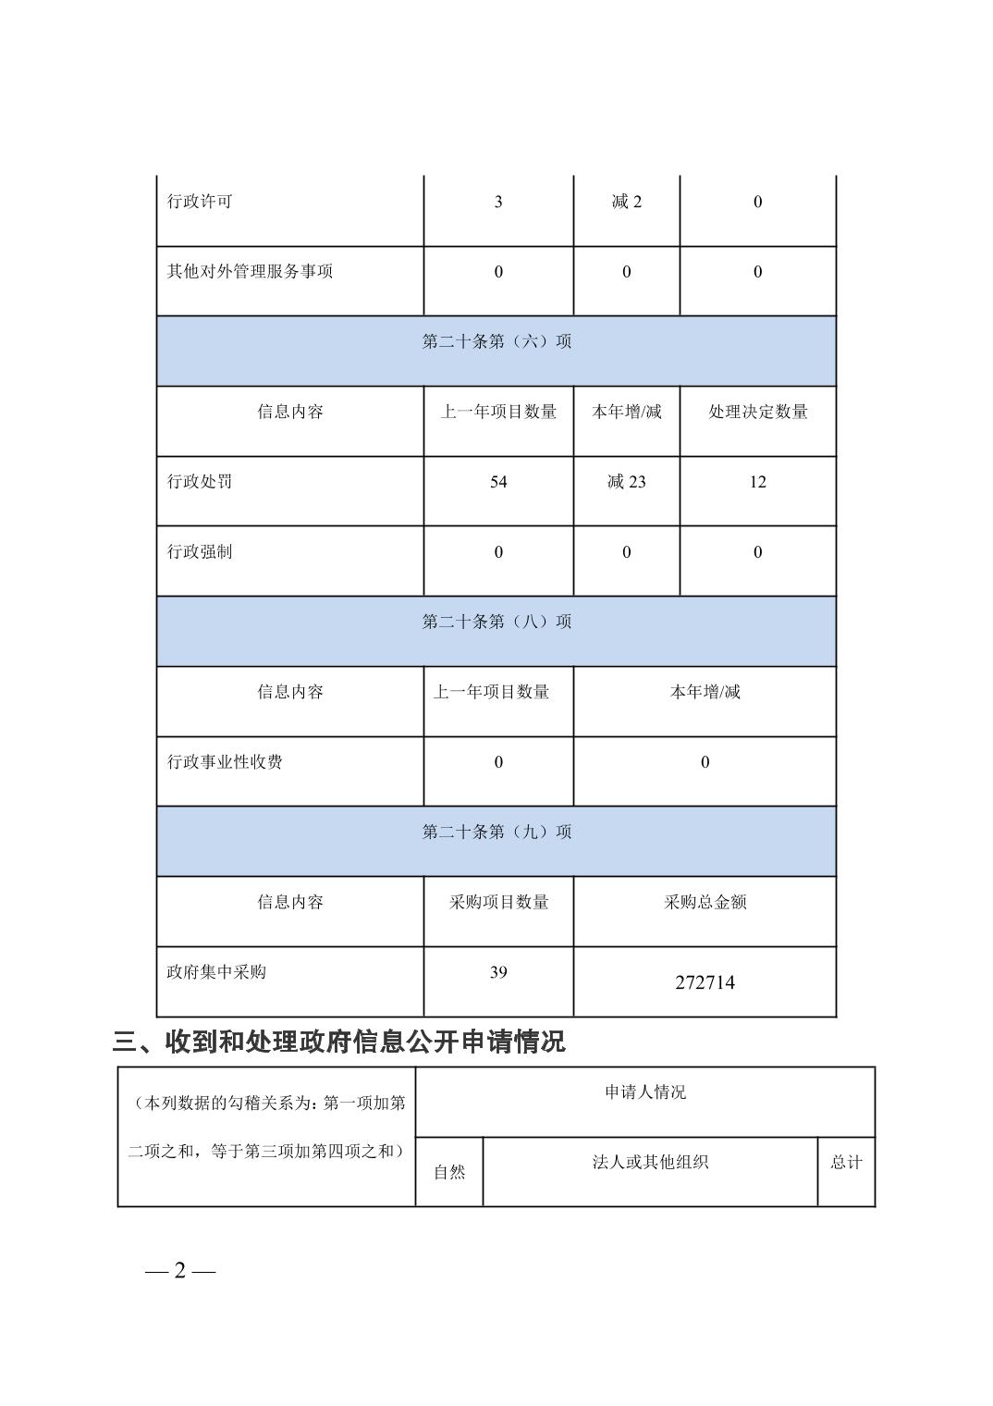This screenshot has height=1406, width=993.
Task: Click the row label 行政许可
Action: (x=200, y=202)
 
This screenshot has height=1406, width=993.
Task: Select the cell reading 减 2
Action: (x=626, y=202)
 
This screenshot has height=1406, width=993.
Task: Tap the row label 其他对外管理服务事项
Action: (x=250, y=272)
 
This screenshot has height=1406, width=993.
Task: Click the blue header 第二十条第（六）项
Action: (x=496, y=342)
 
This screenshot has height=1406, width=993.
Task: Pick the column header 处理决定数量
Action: (x=757, y=413)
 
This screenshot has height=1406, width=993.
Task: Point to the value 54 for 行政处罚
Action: (x=498, y=482)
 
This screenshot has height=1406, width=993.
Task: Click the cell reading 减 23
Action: (x=626, y=482)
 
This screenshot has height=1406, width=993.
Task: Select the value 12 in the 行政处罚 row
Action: (x=757, y=482)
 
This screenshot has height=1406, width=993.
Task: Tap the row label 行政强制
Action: (x=200, y=552)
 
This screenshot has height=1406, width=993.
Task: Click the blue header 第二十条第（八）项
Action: (x=496, y=623)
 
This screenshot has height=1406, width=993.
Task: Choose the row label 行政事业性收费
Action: (x=225, y=762)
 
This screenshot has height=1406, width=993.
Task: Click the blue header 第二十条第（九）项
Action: (x=496, y=832)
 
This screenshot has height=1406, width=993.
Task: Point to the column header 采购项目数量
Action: (x=498, y=903)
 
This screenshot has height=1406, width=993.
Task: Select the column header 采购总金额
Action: (x=705, y=903)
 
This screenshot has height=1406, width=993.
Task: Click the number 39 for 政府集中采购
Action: (x=498, y=972)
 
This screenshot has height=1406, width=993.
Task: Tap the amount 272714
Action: (x=705, y=983)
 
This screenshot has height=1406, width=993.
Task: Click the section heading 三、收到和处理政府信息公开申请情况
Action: (x=338, y=1042)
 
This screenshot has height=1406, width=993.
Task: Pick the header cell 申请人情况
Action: (x=645, y=1092)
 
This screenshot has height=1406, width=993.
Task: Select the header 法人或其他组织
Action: (x=650, y=1163)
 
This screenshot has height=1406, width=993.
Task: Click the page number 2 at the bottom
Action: (x=180, y=1271)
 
